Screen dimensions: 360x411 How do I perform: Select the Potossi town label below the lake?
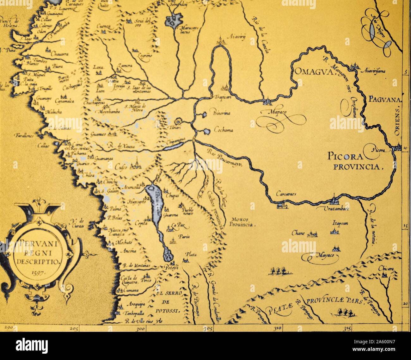point(172,267)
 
